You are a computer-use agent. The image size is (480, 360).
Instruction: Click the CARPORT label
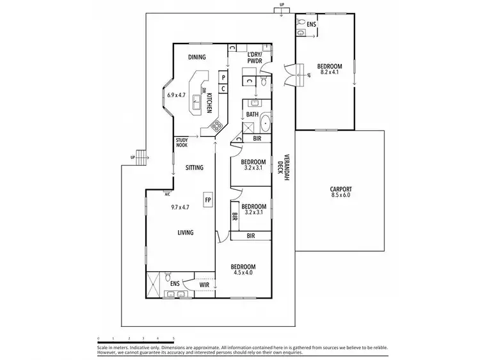[340, 189]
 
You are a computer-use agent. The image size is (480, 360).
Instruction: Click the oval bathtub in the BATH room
[265, 120]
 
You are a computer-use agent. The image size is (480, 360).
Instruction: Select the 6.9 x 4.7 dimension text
[177, 95]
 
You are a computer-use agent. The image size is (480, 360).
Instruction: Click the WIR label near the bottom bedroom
[204, 285]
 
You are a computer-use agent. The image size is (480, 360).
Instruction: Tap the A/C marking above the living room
[167, 194]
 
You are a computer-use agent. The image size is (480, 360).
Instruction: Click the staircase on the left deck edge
[141, 157]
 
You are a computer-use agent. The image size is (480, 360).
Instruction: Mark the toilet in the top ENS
[301, 25]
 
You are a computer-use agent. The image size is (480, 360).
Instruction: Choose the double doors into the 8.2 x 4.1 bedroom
[294, 74]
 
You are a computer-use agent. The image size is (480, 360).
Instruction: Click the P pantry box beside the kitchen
[223, 77]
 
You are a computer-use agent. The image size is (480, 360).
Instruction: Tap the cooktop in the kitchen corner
[217, 127]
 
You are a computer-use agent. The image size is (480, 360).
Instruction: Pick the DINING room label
[196, 58]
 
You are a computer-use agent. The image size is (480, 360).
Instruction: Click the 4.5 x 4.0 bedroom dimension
[243, 274]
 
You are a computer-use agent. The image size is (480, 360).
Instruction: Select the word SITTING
[195, 168]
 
